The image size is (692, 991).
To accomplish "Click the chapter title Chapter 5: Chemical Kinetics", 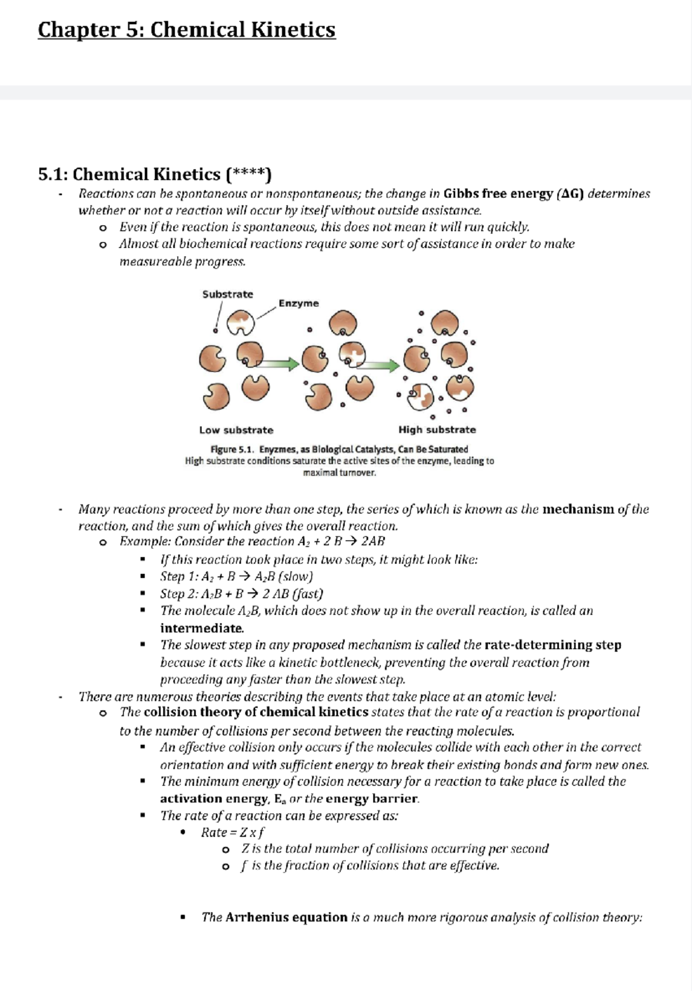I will point(186,30).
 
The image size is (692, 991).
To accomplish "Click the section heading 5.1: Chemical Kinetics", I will point(154,174).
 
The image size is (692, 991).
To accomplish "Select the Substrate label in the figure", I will point(227,294).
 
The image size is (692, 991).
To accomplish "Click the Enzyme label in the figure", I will point(298,304).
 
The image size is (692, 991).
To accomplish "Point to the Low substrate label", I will point(236,430).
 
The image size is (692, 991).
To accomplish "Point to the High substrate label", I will point(437,429).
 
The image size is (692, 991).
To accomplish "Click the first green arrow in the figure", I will point(277,364).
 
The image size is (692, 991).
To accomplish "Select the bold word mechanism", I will point(578,509).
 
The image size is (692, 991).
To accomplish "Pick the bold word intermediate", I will point(202,628).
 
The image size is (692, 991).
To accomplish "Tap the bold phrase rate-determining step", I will point(552,645).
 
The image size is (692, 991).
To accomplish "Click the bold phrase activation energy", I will point(213,799).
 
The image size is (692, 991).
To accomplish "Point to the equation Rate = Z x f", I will point(232,832).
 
